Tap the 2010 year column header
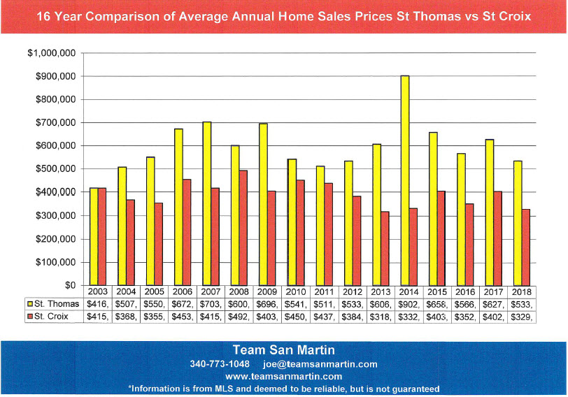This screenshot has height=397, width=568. coord(295,291)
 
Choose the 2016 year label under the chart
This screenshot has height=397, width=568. coord(465,291)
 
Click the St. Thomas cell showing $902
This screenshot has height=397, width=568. coord(409,303)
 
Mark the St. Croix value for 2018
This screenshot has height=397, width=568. coord(522,316)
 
